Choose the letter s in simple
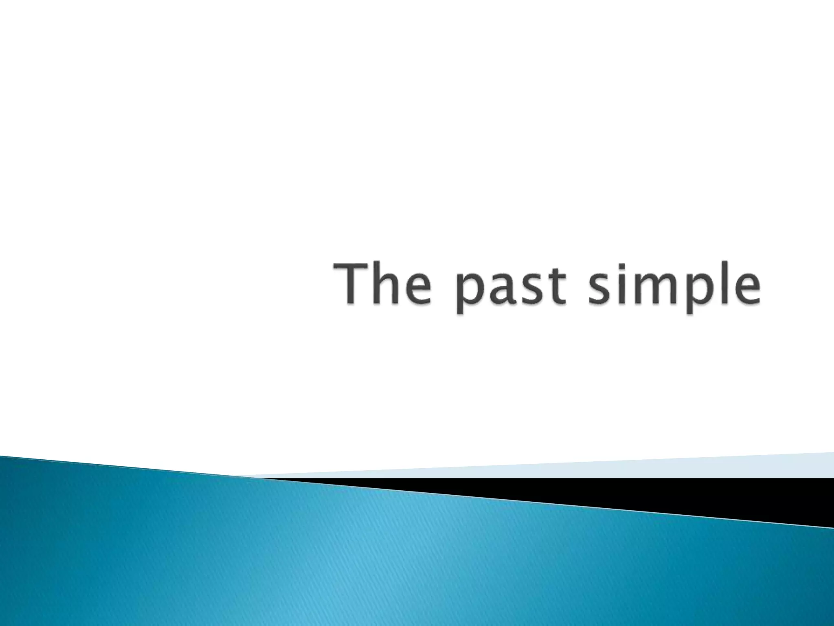(x=601, y=289)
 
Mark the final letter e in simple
(x=744, y=289)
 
